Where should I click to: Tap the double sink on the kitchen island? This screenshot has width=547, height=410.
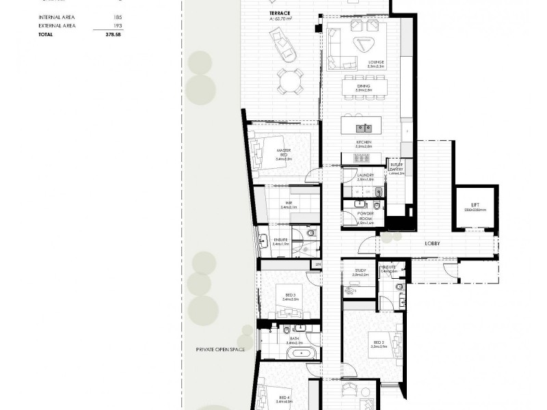(362, 127)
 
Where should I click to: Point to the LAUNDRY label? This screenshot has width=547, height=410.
(366, 176)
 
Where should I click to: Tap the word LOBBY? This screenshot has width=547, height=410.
(431, 243)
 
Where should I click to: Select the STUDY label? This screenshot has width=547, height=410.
(361, 271)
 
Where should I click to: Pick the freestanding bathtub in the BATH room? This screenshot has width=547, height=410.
(301, 354)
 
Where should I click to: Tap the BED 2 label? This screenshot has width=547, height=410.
(378, 342)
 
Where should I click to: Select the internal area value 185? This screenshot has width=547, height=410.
(120, 18)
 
